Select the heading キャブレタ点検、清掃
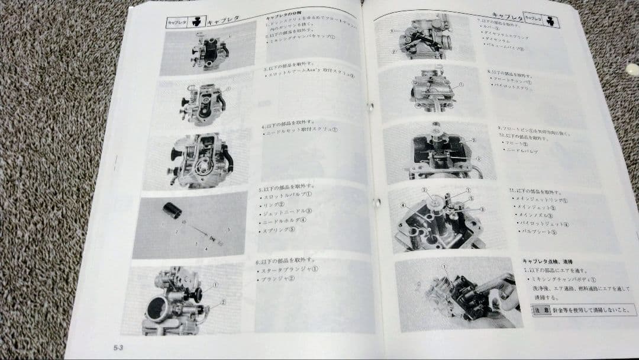tap(547, 261)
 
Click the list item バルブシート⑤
tap(536, 232)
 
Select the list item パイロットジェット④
tap(541, 224)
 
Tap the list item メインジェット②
tap(535, 207)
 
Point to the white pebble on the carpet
tap(632, 69)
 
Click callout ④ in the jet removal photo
tap(403, 205)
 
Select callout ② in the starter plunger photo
tap(223, 302)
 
